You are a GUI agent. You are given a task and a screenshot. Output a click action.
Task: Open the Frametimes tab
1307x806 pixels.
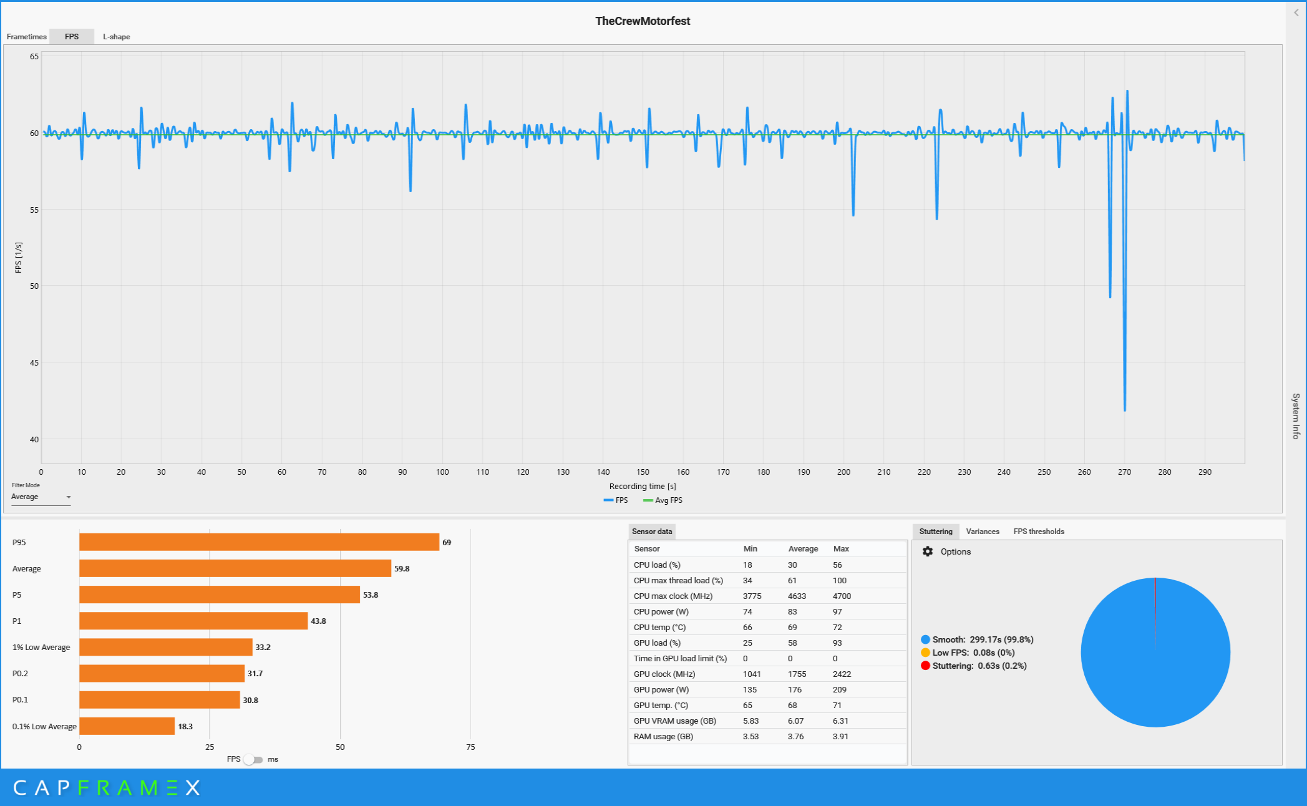26,37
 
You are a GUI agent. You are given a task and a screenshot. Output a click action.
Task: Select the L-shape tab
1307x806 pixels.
116,37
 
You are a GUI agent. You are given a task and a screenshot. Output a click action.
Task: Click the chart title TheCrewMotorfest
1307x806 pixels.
642,21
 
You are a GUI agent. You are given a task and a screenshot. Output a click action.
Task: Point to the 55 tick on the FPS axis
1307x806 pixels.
34,210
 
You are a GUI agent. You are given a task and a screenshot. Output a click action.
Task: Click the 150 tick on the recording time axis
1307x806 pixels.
643,472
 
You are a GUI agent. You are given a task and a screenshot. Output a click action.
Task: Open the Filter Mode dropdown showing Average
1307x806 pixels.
41,497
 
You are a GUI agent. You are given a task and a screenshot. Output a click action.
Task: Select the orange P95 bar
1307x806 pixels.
259,542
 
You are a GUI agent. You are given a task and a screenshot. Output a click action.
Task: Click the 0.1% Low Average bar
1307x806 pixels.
127,726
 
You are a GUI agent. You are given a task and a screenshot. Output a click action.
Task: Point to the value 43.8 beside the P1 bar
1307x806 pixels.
318,621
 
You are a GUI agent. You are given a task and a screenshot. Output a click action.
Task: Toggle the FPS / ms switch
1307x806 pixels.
253,759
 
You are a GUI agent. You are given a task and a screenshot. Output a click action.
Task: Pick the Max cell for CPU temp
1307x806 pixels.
837,628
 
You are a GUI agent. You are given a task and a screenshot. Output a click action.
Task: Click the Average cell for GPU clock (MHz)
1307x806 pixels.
797,674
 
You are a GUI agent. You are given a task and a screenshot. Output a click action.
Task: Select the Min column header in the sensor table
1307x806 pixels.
750,549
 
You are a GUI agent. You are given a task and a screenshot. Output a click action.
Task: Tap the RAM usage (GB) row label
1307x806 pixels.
663,737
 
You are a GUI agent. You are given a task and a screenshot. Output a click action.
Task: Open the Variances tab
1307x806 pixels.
982,532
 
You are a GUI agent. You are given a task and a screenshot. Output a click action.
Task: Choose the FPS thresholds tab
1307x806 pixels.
1038,532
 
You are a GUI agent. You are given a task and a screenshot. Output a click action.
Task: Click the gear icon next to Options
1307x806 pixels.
928,551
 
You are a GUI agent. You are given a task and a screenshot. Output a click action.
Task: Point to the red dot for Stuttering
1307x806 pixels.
925,666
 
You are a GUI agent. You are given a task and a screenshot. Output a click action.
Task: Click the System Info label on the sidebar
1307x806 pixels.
1296,416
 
